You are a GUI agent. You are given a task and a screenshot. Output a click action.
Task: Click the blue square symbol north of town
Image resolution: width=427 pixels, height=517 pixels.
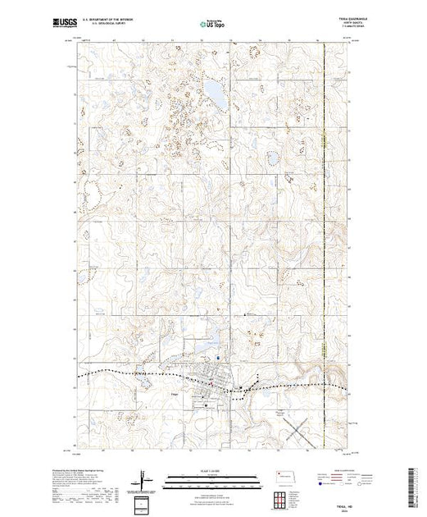click(218, 357)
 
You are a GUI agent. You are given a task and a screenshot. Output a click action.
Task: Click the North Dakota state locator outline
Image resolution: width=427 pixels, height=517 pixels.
click(284, 477)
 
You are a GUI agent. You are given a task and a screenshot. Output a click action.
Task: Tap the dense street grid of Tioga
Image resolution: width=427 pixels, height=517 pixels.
click(213, 379)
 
